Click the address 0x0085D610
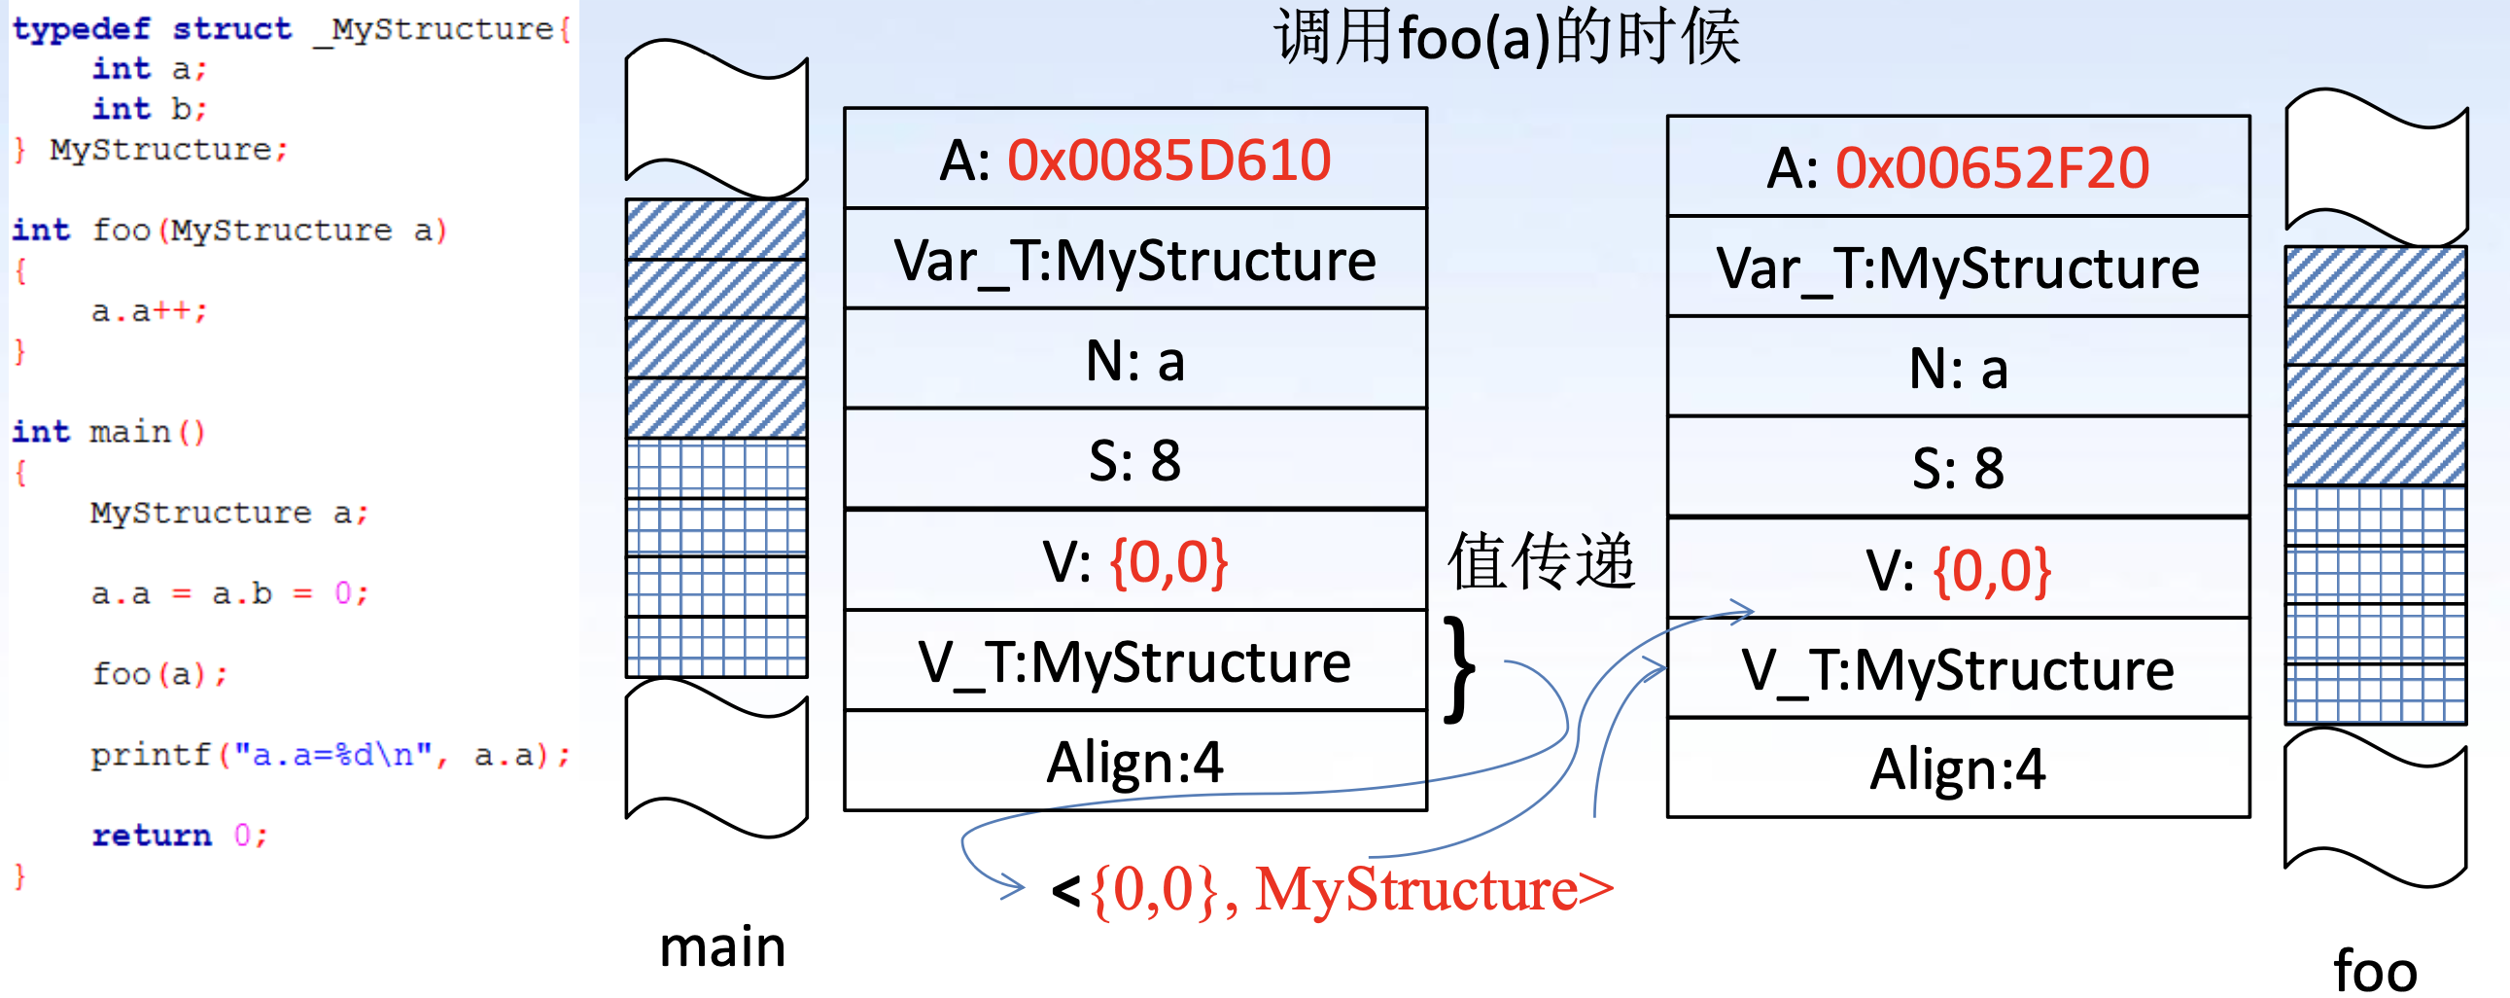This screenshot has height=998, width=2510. [x=1168, y=160]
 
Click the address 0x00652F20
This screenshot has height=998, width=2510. [x=1992, y=168]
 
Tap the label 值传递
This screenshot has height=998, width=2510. [x=1540, y=562]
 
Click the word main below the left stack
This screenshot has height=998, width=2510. [x=722, y=947]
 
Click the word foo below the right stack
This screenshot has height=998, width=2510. [x=2375, y=972]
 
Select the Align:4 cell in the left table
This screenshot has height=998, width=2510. [x=1135, y=763]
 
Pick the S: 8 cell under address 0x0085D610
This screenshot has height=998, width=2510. [x=1135, y=461]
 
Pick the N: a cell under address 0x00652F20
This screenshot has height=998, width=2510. [x=1958, y=370]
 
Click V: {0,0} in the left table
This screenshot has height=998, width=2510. [x=1135, y=562]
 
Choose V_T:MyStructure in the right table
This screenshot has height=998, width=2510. [x=1958, y=670]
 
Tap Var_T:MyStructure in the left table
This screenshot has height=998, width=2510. [x=1135, y=262]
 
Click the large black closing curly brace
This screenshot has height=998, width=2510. [x=1458, y=670]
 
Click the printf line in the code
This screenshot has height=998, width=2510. [x=330, y=756]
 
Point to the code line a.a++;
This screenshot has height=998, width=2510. [x=149, y=312]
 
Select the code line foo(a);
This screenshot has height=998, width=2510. [x=159, y=674]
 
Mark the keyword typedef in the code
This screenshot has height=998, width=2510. [x=81, y=29]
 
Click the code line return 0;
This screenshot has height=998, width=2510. [x=179, y=836]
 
